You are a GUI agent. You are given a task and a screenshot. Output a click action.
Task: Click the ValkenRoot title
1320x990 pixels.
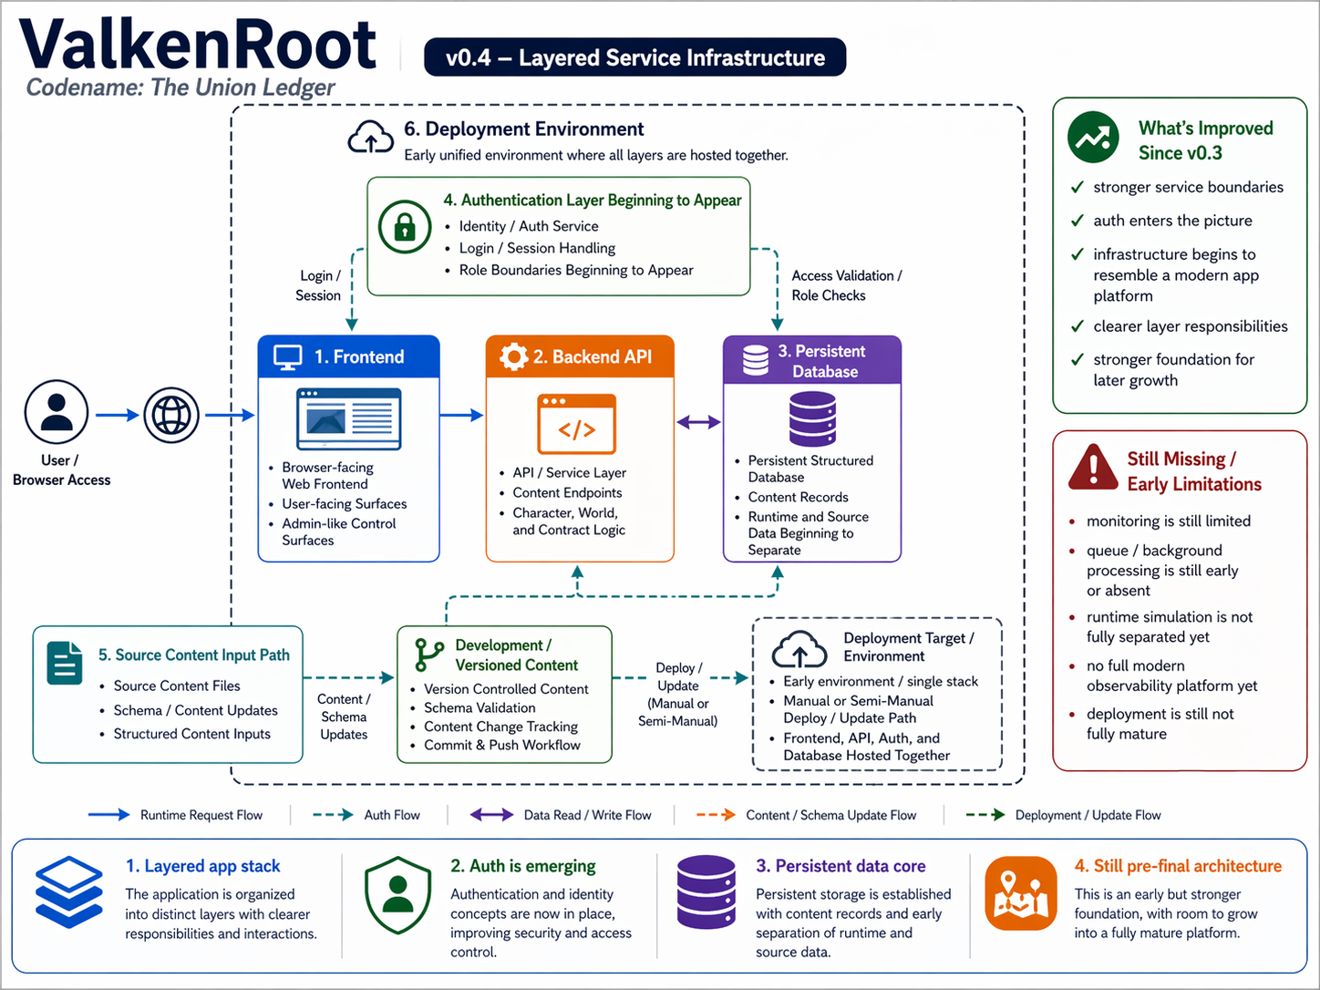(x=197, y=44)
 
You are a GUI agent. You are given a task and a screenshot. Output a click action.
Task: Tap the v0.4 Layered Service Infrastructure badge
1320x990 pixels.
(x=634, y=57)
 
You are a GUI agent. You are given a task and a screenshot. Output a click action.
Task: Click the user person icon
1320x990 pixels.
(x=57, y=412)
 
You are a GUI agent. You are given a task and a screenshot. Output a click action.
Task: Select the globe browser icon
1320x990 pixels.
(x=171, y=415)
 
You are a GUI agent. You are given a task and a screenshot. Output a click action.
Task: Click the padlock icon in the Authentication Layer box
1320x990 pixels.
(x=405, y=226)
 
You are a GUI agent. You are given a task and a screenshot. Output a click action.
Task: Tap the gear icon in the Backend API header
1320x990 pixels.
(x=514, y=356)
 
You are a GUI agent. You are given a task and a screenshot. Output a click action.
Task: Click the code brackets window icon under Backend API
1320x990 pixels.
(x=576, y=424)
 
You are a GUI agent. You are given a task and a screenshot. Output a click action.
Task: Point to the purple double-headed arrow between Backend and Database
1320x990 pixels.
(x=698, y=421)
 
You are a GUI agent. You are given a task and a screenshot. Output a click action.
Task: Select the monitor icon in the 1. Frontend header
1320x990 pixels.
(x=288, y=357)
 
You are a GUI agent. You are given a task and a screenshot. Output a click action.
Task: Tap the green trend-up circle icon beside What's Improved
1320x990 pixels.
(x=1093, y=138)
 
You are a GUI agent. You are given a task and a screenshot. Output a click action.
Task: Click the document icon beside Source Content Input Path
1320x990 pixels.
(x=65, y=663)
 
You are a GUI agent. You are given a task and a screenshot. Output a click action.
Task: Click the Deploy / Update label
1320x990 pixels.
(x=678, y=676)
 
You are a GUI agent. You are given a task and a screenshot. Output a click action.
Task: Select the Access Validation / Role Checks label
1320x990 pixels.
(x=846, y=285)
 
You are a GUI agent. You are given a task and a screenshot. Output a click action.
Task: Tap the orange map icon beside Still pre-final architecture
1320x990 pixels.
(x=1020, y=892)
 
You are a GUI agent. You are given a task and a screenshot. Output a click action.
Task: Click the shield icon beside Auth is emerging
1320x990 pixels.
(x=397, y=894)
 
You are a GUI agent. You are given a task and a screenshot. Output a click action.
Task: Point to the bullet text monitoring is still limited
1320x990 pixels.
(x=1168, y=521)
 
